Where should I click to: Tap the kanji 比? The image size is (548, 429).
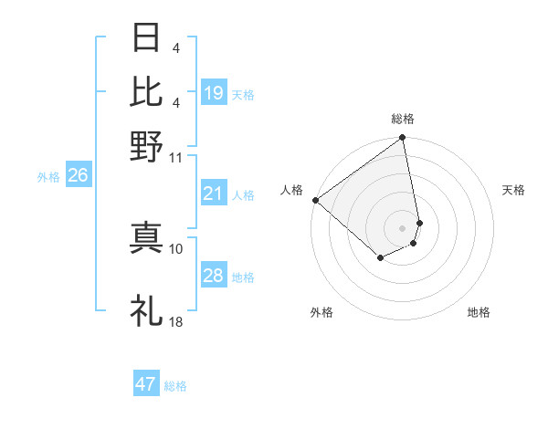pos(146,91)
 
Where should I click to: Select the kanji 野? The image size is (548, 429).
pos(146,144)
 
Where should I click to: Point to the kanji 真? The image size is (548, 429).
pos(146,235)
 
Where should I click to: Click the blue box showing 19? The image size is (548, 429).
pos(214,92)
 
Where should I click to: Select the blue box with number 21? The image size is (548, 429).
pos(214,194)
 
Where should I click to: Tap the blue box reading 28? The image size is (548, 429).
pos(214,276)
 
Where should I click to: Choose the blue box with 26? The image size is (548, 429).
pos(78,176)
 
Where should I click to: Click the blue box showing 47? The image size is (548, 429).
pos(146,384)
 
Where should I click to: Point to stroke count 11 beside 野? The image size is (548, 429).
pos(176,156)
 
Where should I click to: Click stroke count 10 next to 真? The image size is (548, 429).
pos(176,247)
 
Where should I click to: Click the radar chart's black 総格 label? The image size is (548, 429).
pos(403,119)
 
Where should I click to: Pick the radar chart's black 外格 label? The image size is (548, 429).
pos(321,313)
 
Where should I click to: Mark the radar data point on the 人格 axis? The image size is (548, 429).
pos(315,200)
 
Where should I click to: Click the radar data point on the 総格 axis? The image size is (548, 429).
pos(402,139)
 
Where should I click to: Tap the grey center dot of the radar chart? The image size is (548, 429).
pos(402,227)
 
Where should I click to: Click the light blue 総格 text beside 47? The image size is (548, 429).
pos(175,386)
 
